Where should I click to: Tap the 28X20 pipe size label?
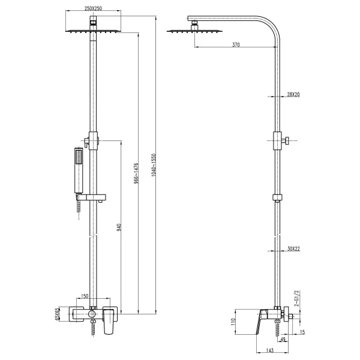pyautogui.click(x=293, y=95)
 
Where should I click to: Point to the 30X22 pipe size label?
pyautogui.click(x=293, y=248)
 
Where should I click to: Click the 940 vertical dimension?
pyautogui.click(x=119, y=227)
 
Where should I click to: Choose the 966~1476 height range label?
pyautogui.click(x=137, y=173)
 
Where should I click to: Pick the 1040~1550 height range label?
pyautogui.click(x=155, y=163)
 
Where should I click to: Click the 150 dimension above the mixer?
pyautogui.click(x=85, y=296)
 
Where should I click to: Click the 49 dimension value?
pyautogui.click(x=283, y=340)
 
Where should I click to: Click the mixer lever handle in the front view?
pyautogui.click(x=109, y=325)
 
